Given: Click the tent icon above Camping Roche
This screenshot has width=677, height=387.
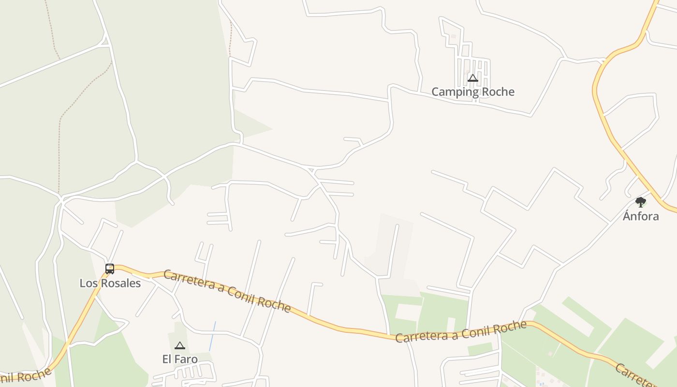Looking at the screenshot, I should pyautogui.click(x=472, y=78).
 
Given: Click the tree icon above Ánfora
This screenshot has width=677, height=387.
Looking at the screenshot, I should pyautogui.click(x=641, y=202).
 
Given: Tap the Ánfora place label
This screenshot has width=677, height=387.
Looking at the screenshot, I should pyautogui.click(x=641, y=216).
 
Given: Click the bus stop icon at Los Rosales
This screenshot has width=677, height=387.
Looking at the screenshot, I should pyautogui.click(x=110, y=268).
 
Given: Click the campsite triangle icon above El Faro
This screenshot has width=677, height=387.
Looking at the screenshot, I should pyautogui.click(x=180, y=345).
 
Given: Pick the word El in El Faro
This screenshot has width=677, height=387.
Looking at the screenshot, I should pyautogui.click(x=167, y=359).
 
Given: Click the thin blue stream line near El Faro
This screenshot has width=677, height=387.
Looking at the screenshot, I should pyautogui.click(x=212, y=336).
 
